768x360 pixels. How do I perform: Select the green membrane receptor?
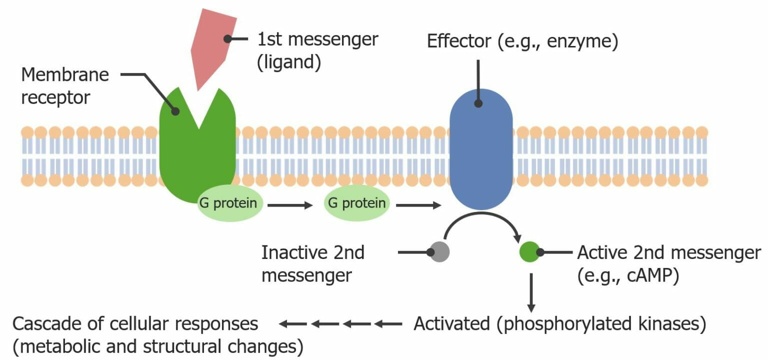tap(197, 155)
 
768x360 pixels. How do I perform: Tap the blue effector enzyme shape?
tap(480, 150)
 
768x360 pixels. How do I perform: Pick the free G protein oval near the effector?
tap(356, 203)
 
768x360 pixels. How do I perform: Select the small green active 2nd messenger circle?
tap(529, 252)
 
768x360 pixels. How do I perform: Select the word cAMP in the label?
tap(652, 276)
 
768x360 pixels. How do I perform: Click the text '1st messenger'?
tap(317, 39)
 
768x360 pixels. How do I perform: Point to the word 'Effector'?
tap(458, 41)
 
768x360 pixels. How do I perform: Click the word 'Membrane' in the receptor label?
tap(65, 75)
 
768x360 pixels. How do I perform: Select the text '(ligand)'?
tap(288, 64)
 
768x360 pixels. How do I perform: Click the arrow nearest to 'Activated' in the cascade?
tap(388, 324)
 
